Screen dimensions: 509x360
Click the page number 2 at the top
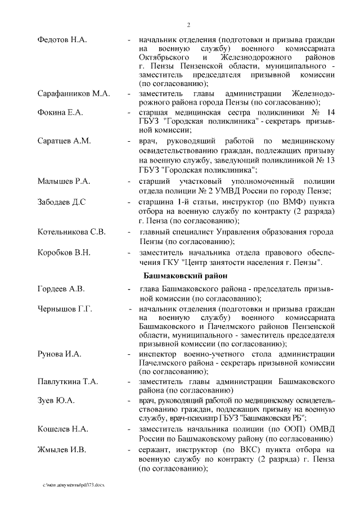[190, 24]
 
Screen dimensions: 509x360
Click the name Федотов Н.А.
[62, 40]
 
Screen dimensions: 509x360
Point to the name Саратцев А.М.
[64, 140]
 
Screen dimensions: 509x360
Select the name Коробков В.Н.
[64, 252]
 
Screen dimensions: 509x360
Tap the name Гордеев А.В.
[61, 289]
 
